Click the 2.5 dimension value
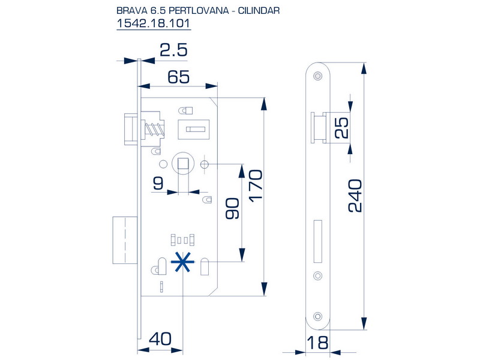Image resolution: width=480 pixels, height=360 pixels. point(174,50)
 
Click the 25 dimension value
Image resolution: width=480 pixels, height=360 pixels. point(341,128)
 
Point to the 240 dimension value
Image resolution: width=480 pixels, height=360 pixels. point(355,196)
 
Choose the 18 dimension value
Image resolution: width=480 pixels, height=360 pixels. point(318,343)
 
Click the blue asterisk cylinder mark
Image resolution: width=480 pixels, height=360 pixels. point(182,262)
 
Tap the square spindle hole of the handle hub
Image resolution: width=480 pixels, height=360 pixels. point(183,164)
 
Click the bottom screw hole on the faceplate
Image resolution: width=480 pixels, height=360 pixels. point(317,316)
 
